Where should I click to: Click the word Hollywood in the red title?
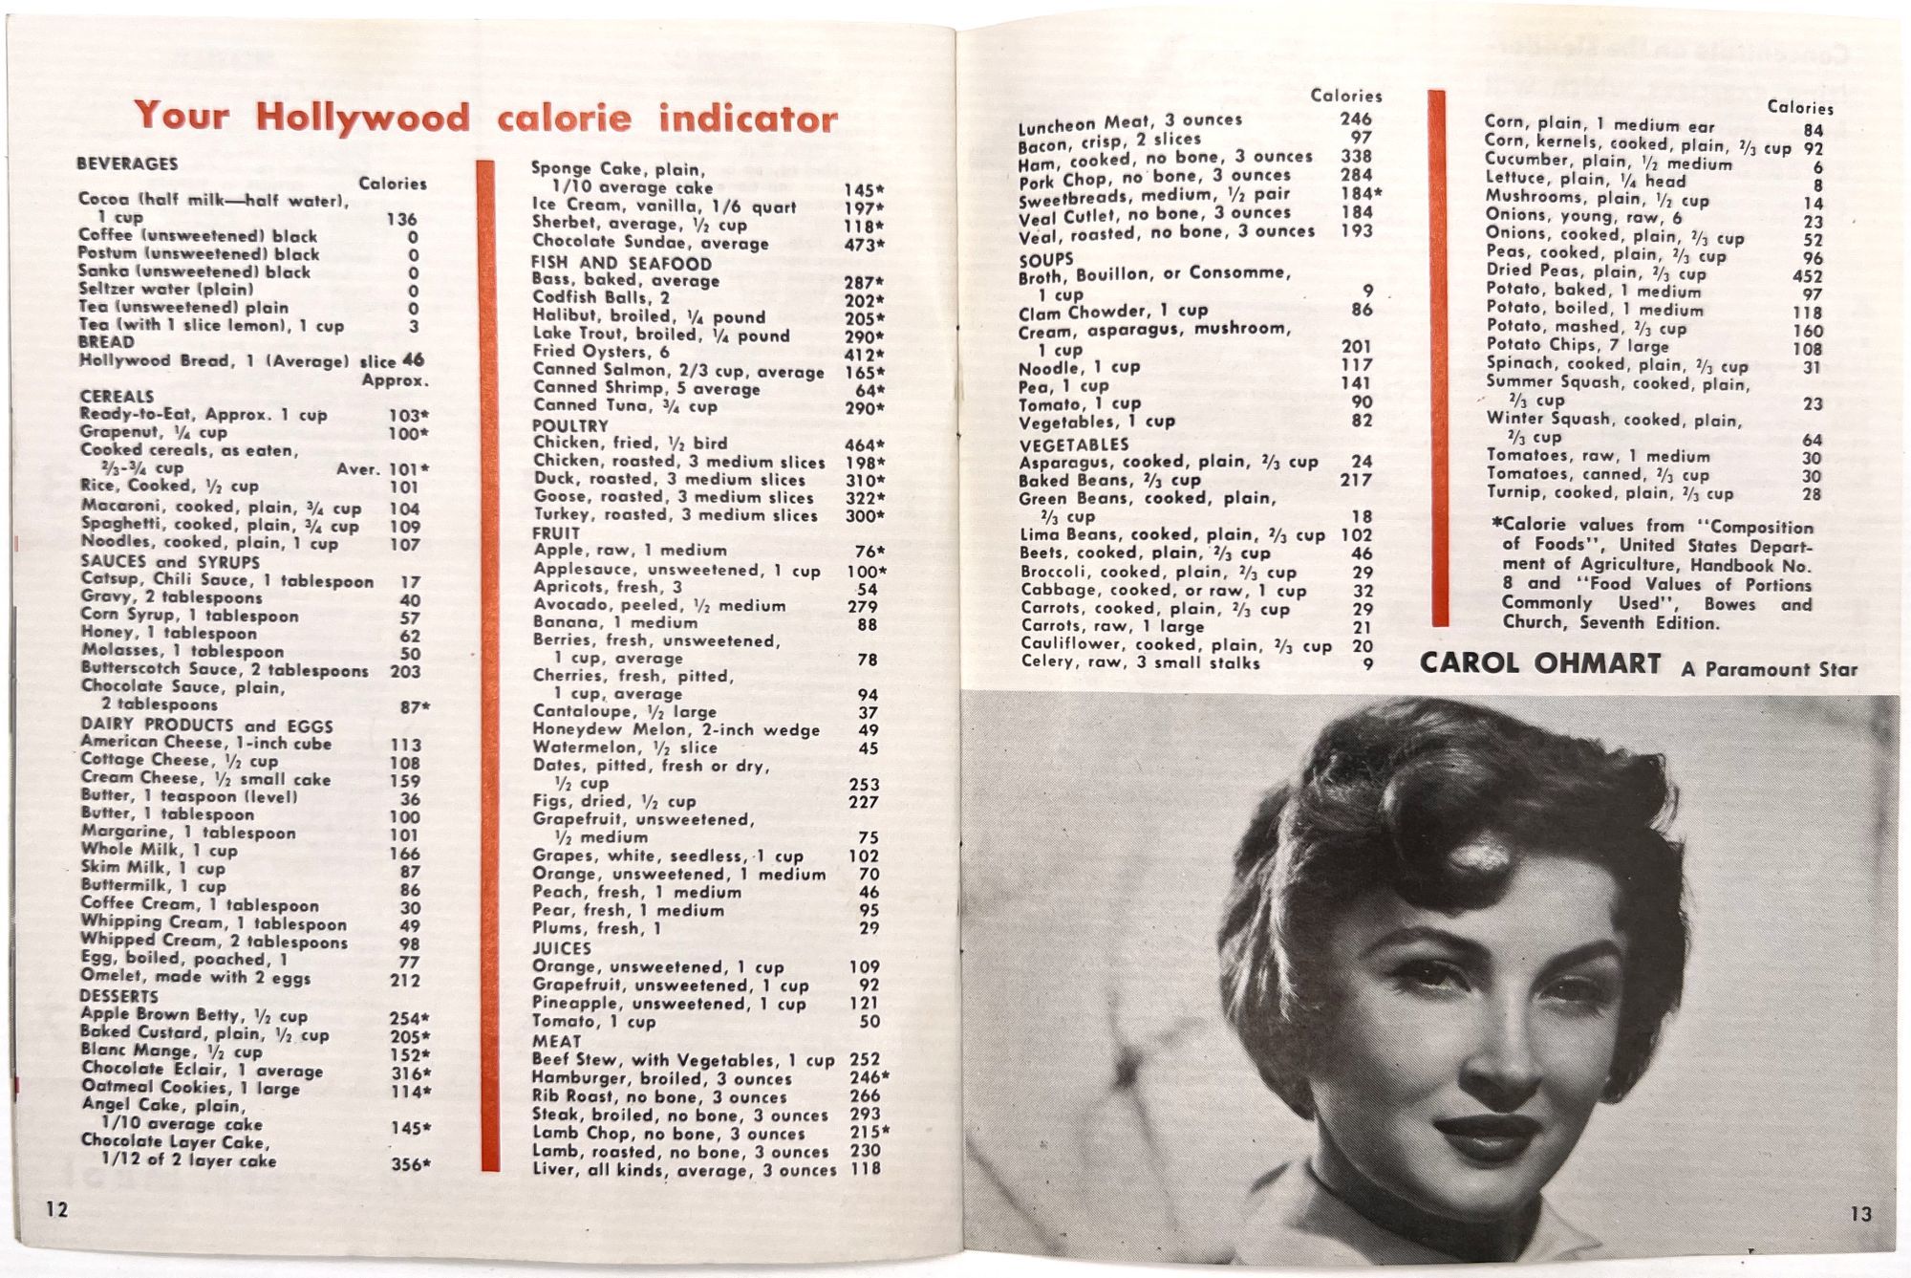click(x=362, y=118)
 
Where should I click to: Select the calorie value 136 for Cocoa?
click(x=401, y=219)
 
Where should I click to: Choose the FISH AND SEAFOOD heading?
click(x=621, y=263)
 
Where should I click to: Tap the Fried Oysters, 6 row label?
click(x=601, y=352)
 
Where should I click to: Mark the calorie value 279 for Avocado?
click(x=863, y=606)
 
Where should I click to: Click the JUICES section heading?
click(x=561, y=948)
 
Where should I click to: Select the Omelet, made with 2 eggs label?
click(x=195, y=977)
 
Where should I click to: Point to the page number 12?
click(x=57, y=1209)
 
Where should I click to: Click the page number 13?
click(x=1860, y=1214)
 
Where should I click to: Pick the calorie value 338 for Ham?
click(x=1356, y=156)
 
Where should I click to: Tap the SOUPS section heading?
click(x=1045, y=259)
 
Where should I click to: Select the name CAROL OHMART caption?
click(x=1539, y=663)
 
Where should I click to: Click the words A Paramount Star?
click(x=1769, y=669)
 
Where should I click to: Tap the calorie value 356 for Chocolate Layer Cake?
click(x=410, y=1164)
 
